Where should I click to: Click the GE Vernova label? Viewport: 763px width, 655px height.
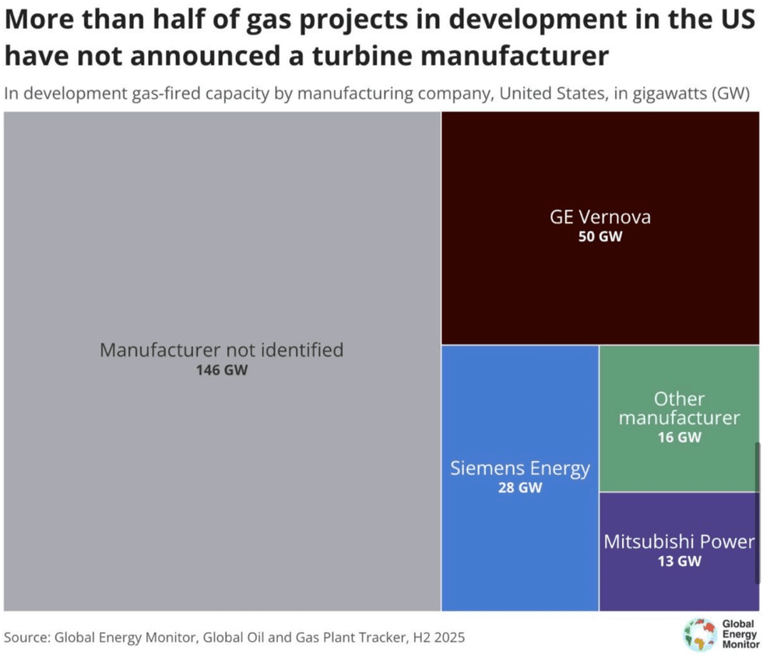point(600,217)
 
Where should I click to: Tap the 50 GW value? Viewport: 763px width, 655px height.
point(600,236)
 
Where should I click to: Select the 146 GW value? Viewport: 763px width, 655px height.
point(222,370)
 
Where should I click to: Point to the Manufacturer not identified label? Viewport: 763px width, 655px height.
point(222,350)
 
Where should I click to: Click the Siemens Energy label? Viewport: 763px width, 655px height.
point(520,469)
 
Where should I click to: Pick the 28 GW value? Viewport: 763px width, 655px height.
point(520,488)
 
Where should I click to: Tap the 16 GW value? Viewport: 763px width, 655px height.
point(679,438)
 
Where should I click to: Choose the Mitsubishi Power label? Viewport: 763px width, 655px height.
point(679,541)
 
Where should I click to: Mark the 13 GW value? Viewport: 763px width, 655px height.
point(679,561)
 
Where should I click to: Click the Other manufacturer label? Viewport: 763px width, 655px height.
point(679,409)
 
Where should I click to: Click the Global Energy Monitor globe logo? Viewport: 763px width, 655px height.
point(700,634)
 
